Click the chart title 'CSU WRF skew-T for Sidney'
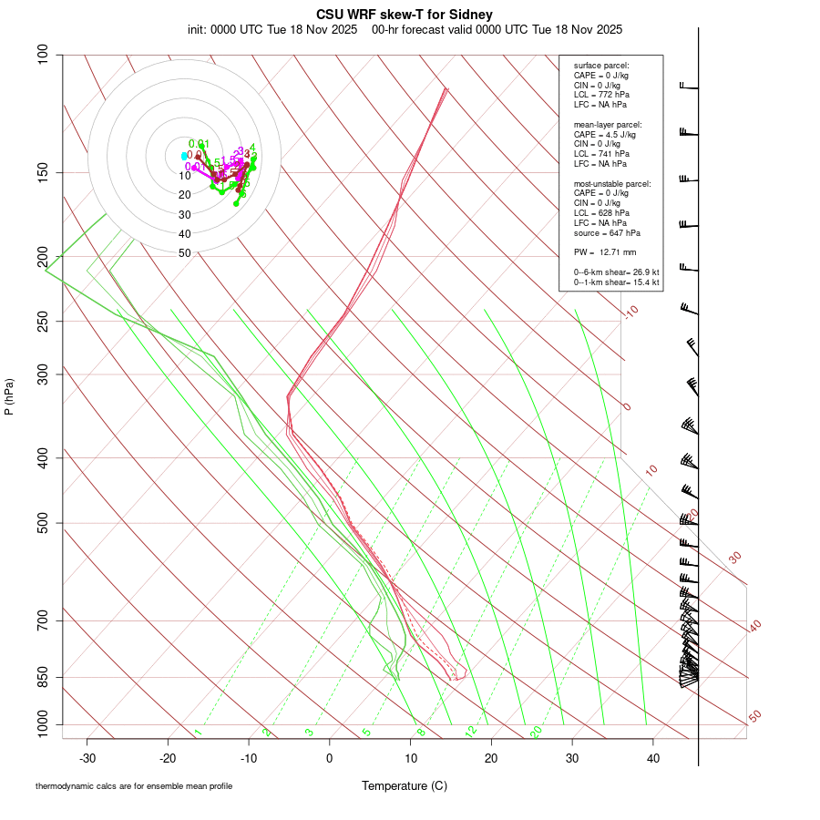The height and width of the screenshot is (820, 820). [x=405, y=15]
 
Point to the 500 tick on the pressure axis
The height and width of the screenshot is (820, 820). [x=43, y=523]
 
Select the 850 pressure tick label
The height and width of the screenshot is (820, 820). [x=43, y=677]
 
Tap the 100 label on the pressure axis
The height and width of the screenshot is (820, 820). [x=43, y=55]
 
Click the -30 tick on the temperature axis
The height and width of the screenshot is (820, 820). [x=87, y=757]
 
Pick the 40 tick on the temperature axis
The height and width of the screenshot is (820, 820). [x=652, y=757]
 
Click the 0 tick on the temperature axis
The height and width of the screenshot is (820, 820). [x=330, y=757]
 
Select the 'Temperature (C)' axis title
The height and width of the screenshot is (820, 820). [x=405, y=785]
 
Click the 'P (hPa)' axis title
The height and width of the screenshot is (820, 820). [x=9, y=397]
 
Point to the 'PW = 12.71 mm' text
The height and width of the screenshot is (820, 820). [x=605, y=251]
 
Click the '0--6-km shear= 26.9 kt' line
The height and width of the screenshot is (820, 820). [x=616, y=272]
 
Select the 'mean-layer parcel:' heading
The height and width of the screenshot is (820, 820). [x=608, y=124]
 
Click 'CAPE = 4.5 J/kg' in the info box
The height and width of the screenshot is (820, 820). [x=605, y=134]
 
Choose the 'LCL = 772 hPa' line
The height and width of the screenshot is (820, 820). [x=601, y=95]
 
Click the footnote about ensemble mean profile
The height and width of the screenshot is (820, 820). [x=134, y=785]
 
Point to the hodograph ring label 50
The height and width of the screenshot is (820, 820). [x=185, y=253]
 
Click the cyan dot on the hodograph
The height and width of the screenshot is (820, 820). [x=184, y=156]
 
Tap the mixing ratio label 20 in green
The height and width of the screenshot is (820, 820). [x=536, y=732]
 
